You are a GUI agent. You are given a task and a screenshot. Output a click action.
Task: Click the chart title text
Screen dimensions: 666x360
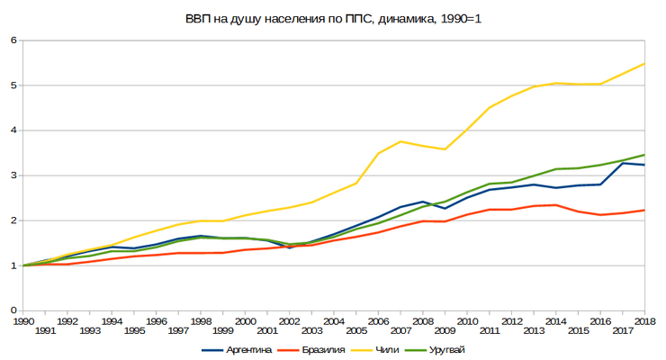tap(333, 19)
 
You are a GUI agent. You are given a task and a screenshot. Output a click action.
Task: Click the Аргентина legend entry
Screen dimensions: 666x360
tap(237, 350)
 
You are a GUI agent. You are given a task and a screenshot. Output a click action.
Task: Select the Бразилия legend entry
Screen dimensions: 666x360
tap(311, 350)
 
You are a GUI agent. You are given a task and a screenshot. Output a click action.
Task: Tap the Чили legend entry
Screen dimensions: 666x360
tap(375, 350)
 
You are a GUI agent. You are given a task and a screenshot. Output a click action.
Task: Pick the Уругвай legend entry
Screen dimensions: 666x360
tap(435, 350)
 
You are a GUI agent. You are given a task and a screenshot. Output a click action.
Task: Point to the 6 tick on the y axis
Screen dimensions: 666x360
tap(13, 40)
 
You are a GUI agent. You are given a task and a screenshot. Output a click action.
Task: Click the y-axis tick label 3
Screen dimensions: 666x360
tap(13, 175)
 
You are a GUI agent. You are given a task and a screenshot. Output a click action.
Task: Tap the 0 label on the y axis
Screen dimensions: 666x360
tap(13, 310)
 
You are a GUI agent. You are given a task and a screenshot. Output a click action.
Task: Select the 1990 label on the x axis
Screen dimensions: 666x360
tap(23, 321)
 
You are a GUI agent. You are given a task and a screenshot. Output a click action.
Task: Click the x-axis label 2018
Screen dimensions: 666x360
tap(644, 321)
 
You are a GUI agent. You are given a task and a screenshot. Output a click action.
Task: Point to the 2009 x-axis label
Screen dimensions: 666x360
tap(445, 330)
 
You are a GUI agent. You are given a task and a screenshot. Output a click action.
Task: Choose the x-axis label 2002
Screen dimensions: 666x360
tap(290, 321)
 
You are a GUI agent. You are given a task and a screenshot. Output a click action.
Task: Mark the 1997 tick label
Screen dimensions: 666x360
tap(178, 330)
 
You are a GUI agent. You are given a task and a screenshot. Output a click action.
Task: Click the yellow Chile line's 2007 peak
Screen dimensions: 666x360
tap(400, 141)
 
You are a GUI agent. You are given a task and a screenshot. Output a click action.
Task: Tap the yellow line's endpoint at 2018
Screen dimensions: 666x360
tap(644, 64)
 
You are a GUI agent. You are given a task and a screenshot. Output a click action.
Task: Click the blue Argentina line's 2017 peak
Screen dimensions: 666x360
tap(623, 163)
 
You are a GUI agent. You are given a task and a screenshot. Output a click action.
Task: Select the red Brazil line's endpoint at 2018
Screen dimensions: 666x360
tap(644, 210)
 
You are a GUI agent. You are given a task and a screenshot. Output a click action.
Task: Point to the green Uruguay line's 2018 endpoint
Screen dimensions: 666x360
tap(644, 155)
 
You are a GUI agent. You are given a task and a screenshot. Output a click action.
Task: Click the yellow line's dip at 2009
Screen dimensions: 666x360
tap(445, 149)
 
